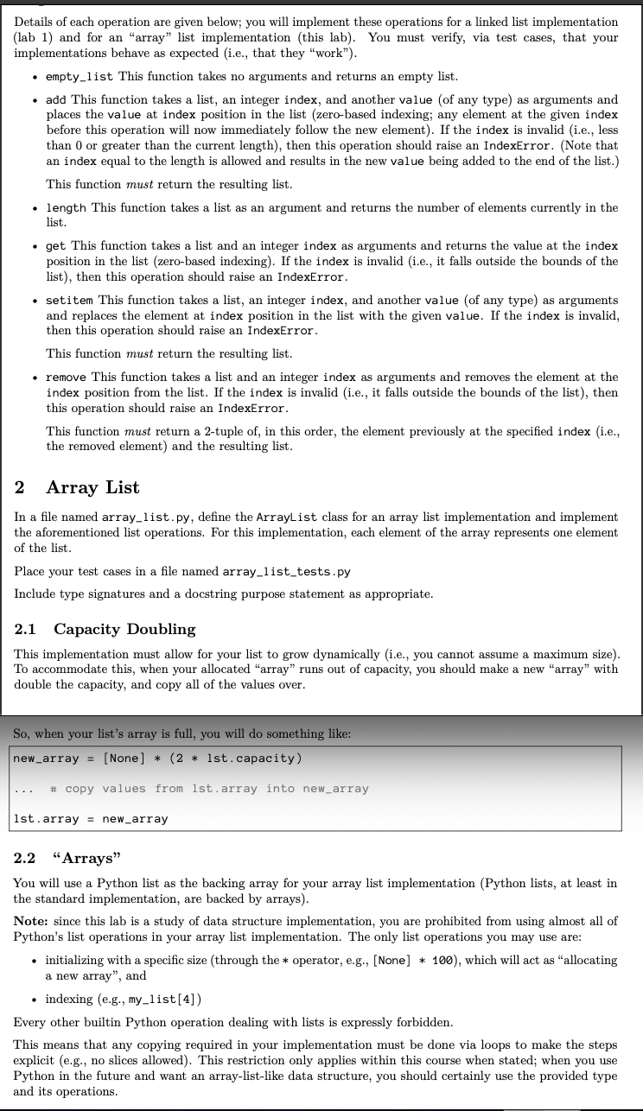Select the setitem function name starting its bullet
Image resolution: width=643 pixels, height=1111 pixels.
click(71, 300)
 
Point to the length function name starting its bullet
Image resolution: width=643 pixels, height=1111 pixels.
click(67, 207)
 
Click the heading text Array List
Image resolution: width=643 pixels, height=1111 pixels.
click(92, 487)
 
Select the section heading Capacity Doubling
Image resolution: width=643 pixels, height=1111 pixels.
click(124, 629)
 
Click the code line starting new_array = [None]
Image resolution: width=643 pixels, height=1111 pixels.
click(157, 759)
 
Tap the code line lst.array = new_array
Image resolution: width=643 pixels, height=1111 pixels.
click(91, 818)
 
